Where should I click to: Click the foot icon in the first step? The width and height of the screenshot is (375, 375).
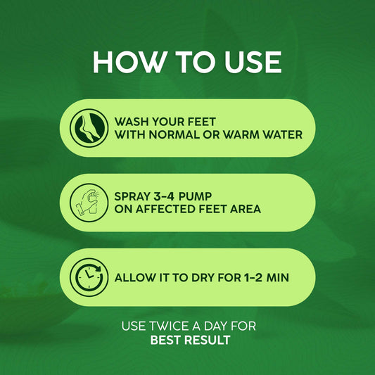coord(89,127)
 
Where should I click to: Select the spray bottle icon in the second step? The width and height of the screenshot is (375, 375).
coord(89,203)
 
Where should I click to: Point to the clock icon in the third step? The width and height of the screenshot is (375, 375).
coord(89,277)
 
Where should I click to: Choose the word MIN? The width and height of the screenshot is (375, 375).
coord(289,278)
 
